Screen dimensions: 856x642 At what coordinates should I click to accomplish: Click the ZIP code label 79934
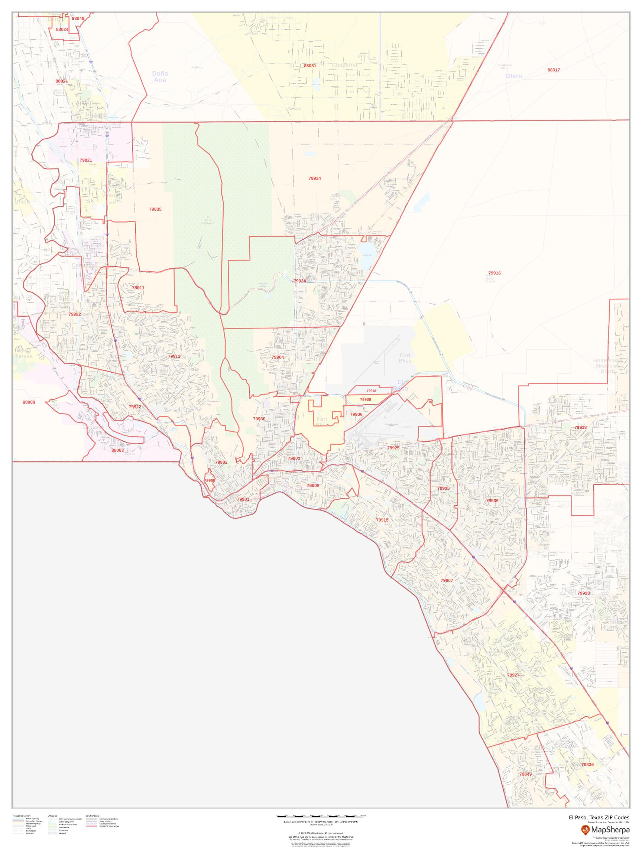[x=314, y=178]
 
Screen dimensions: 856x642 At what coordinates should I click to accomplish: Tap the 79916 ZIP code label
[x=494, y=273]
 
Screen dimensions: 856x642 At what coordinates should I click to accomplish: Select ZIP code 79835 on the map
[x=155, y=209]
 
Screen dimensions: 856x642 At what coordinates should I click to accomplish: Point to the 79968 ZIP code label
[x=210, y=480]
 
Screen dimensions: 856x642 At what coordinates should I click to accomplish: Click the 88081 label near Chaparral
[x=309, y=66]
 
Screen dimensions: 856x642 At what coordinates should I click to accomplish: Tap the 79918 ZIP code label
[x=371, y=391]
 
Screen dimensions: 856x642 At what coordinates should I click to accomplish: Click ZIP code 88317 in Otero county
[x=553, y=70]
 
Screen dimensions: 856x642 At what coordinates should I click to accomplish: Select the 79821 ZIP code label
[x=85, y=160]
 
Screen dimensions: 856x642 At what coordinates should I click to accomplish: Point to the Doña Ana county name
[x=160, y=77]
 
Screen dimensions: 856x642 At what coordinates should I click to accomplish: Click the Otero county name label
[x=513, y=76]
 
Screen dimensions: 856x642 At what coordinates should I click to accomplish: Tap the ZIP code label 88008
[x=29, y=402]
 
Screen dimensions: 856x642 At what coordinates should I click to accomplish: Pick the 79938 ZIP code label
[x=580, y=427]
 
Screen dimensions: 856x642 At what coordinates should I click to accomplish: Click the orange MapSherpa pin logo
[x=585, y=830]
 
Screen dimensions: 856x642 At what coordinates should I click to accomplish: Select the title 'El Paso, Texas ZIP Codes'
[x=599, y=817]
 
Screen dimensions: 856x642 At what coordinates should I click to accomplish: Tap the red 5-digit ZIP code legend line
[x=91, y=826]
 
